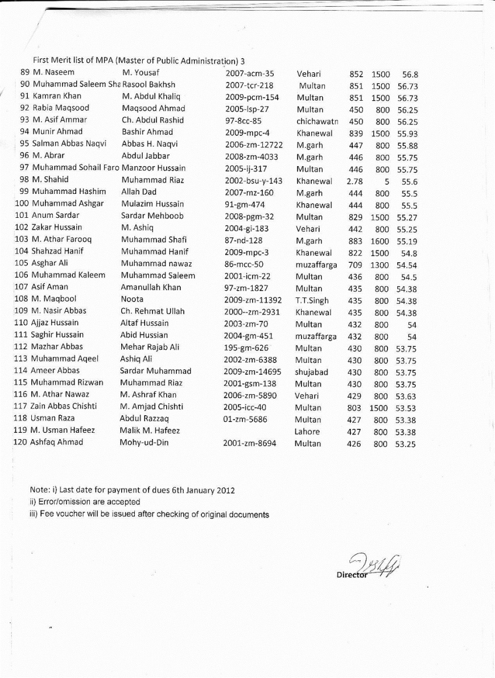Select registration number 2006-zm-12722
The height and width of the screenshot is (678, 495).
coord(254,145)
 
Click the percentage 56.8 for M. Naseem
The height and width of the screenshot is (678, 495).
coord(410,75)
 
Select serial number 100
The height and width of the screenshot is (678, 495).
coord(22,203)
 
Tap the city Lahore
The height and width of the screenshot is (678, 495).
coord(307,432)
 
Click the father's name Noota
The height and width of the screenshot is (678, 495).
coord(132,299)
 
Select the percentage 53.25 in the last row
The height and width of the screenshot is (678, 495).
coord(406,444)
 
